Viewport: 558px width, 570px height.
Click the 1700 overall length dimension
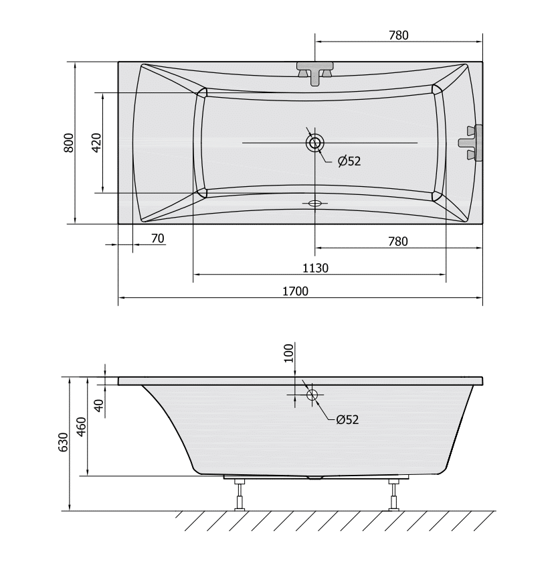coord(295,291)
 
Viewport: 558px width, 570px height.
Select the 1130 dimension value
coord(315,269)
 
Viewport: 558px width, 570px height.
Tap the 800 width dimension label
coord(69,143)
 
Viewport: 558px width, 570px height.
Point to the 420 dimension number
coord(96,143)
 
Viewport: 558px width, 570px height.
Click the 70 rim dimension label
coord(157,238)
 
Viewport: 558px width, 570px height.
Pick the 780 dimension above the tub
coord(399,35)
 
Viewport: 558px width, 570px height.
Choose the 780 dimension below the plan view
coord(398,241)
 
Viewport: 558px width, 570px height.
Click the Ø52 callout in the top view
coord(349,161)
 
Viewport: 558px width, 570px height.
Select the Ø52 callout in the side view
coord(347,420)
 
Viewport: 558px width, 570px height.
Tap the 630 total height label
coord(63,442)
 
